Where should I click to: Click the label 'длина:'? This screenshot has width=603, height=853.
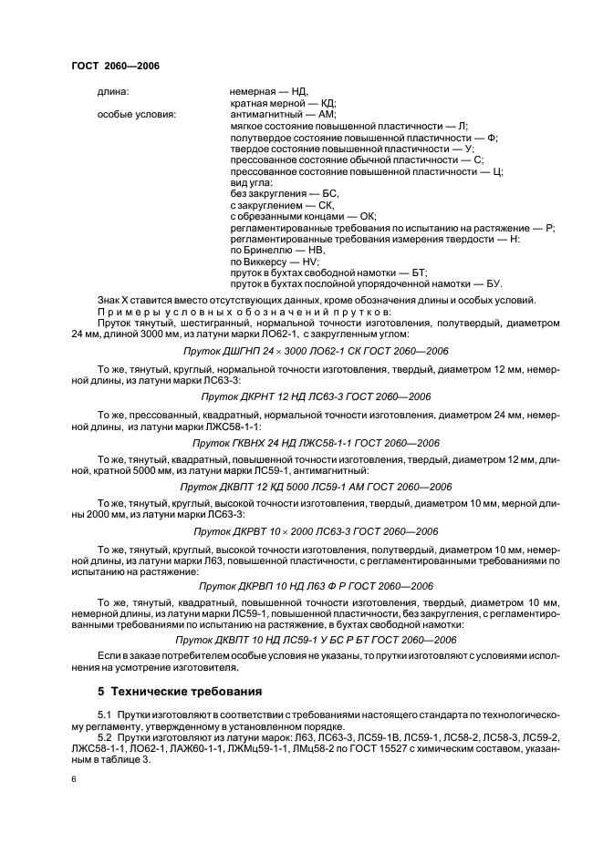[x=113, y=92]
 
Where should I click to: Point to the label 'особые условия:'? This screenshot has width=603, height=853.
[x=137, y=114]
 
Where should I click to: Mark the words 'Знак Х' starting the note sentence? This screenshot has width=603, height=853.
[x=112, y=302]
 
